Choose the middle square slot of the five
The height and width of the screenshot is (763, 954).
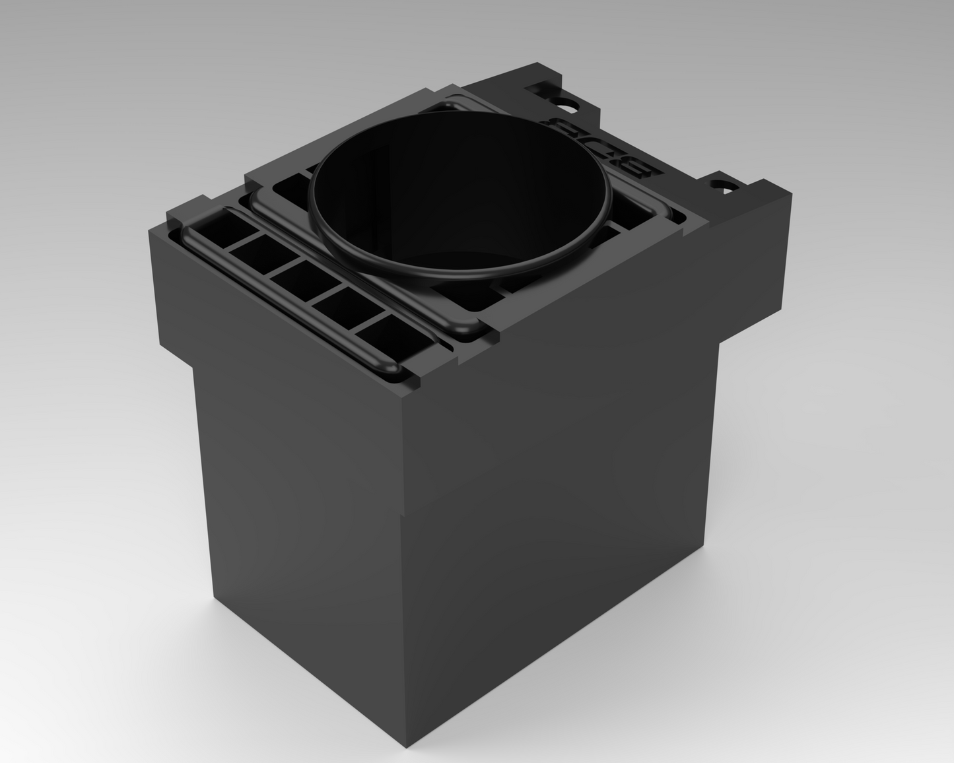coord(296,277)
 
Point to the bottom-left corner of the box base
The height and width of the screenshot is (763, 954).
coord(215,597)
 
